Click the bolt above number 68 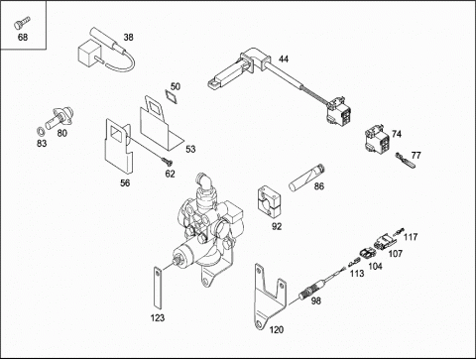pyautogui.click(x=22, y=23)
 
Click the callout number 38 pyautogui.click(x=128, y=37)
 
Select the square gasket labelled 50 pyautogui.click(x=172, y=96)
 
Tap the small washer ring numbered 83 pyautogui.click(x=41, y=132)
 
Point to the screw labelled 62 pyautogui.click(x=168, y=161)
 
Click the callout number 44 pyautogui.click(x=284, y=59)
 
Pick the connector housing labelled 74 pyautogui.click(x=377, y=140)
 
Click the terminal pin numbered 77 pyautogui.click(x=406, y=160)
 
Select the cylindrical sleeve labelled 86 pyautogui.click(x=306, y=178)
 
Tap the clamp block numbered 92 pyautogui.click(x=269, y=202)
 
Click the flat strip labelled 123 pyautogui.click(x=157, y=288)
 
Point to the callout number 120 pyautogui.click(x=277, y=329)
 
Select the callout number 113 pyautogui.click(x=357, y=274)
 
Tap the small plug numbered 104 pyautogui.click(x=367, y=255)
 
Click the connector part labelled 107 pyautogui.click(x=385, y=242)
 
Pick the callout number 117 pyautogui.click(x=411, y=237)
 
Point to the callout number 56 pyautogui.click(x=125, y=182)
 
